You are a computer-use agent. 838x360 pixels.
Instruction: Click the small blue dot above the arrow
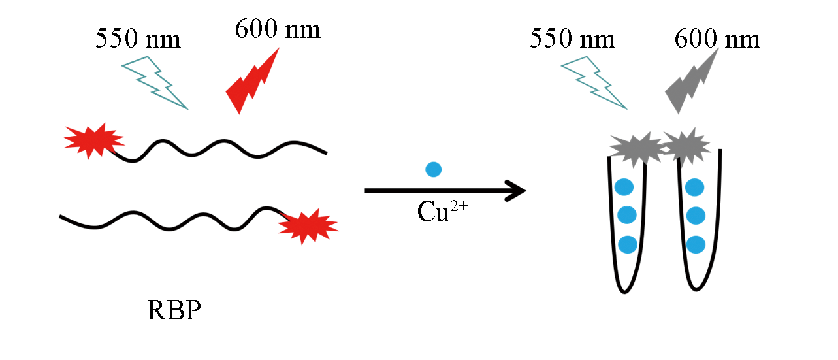pyautogui.click(x=433, y=169)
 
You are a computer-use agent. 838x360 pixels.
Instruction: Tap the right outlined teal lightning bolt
pyautogui.click(x=594, y=82)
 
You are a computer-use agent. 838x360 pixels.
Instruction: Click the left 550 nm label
pyautogui.click(x=138, y=39)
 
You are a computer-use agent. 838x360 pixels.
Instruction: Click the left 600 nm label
pyautogui.click(x=278, y=29)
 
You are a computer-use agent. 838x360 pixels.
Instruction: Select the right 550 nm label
pyautogui.click(x=572, y=39)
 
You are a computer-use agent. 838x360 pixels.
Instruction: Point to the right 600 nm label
pyautogui.click(x=717, y=39)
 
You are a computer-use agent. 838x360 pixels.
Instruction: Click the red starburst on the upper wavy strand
pyautogui.click(x=93, y=139)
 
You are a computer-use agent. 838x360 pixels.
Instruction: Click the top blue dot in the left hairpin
pyautogui.click(x=624, y=187)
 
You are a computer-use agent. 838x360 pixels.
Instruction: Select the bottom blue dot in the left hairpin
pyautogui.click(x=628, y=244)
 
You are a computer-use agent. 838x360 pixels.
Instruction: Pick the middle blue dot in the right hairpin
pyautogui.click(x=696, y=215)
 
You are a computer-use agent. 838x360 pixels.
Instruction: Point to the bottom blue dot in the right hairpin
pyautogui.click(x=696, y=244)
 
